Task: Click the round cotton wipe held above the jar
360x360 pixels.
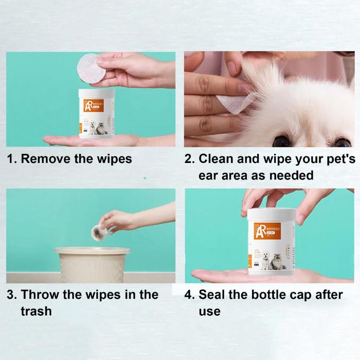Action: (88, 67)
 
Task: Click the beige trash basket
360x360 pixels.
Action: (92, 265)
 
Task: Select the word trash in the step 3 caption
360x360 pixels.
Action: (36, 311)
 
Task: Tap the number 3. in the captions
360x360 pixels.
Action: (11, 295)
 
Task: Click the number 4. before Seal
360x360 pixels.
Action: (190, 295)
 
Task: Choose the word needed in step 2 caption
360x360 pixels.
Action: (291, 175)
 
